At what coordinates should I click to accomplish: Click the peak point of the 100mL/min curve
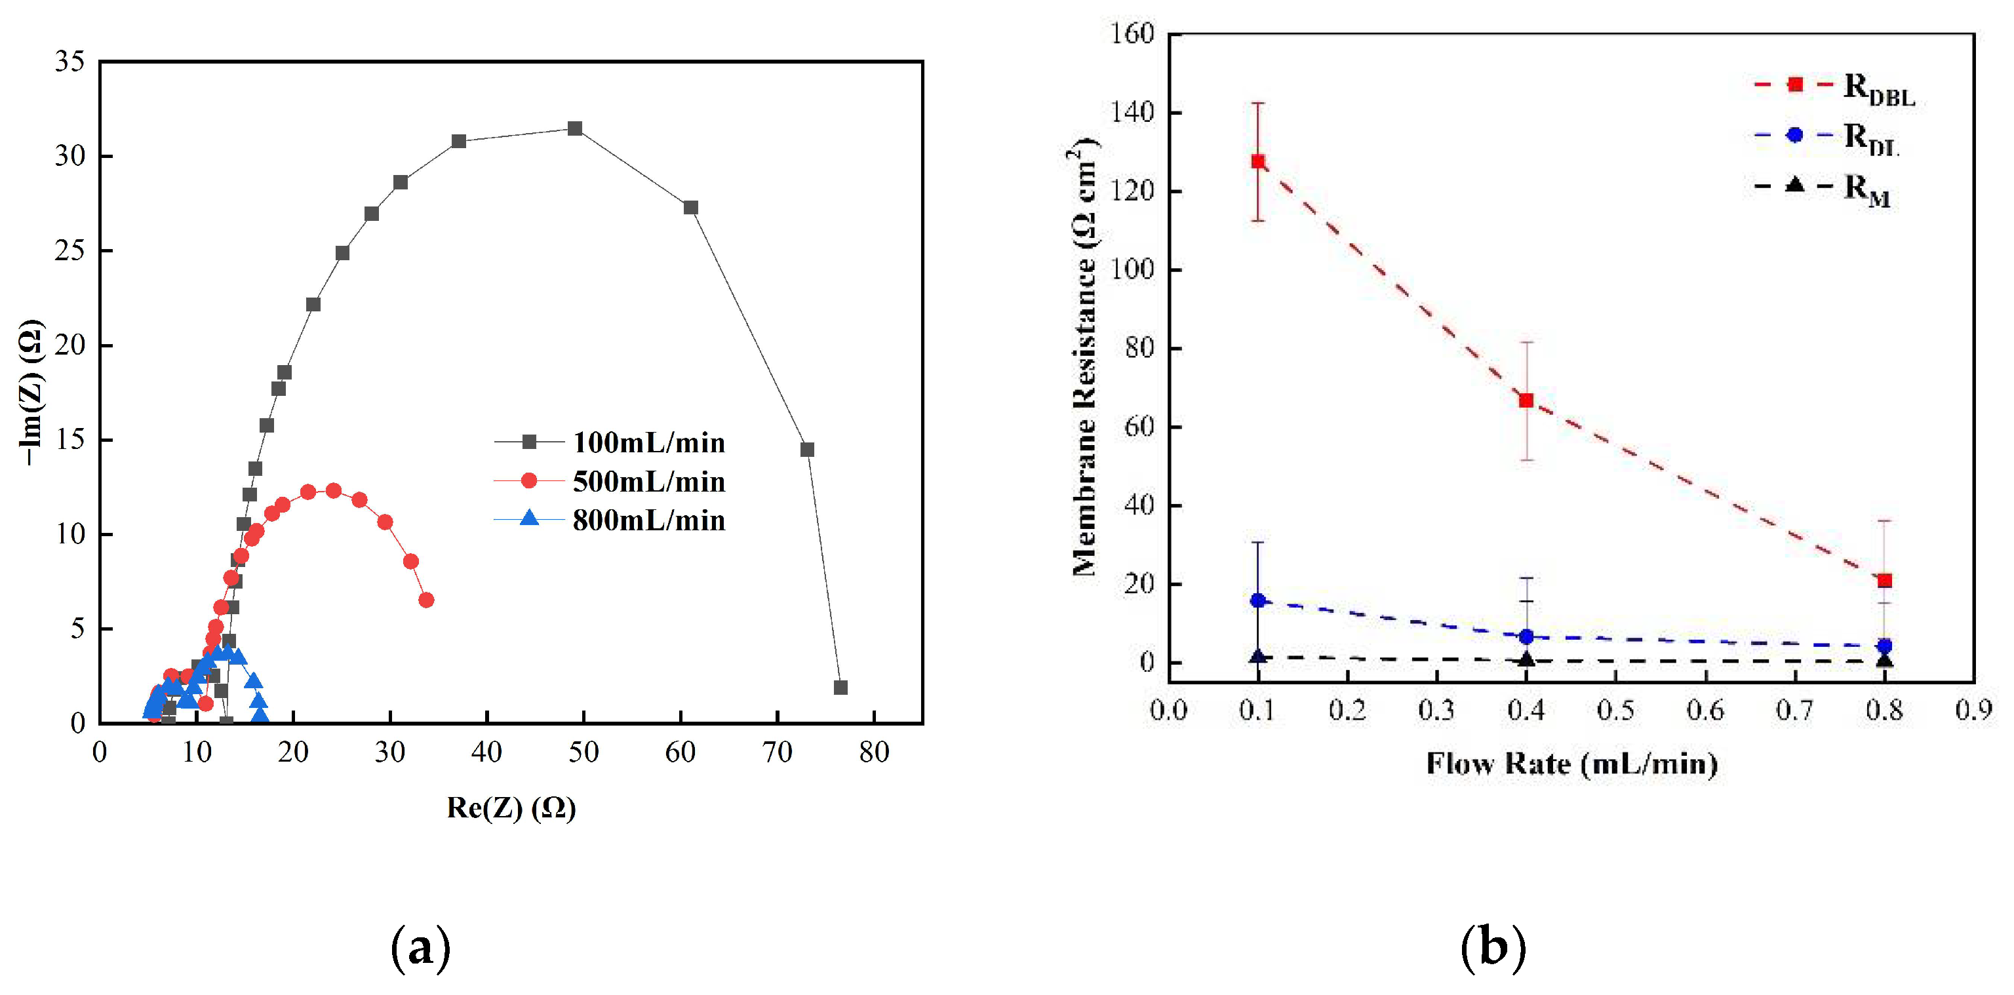coord(575,128)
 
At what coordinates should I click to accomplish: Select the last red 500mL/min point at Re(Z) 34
coord(426,600)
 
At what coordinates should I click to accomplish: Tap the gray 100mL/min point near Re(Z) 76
coord(840,688)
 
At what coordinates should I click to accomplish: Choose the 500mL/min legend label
coord(648,482)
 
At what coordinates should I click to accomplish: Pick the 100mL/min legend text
coord(648,443)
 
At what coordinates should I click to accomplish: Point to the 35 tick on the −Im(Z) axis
coord(69,61)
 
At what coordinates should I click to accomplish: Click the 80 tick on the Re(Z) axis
coord(873,752)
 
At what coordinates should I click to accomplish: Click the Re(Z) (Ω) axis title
coord(511,808)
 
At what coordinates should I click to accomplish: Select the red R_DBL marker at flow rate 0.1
coord(1258,162)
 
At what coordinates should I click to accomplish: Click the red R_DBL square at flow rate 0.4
coord(1526,400)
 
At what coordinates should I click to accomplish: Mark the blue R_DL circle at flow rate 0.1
coord(1258,600)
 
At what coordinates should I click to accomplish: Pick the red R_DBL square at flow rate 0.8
coord(1884,580)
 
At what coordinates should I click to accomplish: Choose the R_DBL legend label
coord(1879,89)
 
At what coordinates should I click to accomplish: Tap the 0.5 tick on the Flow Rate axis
coord(1615,710)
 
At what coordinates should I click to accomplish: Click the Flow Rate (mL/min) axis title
coord(1571,764)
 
